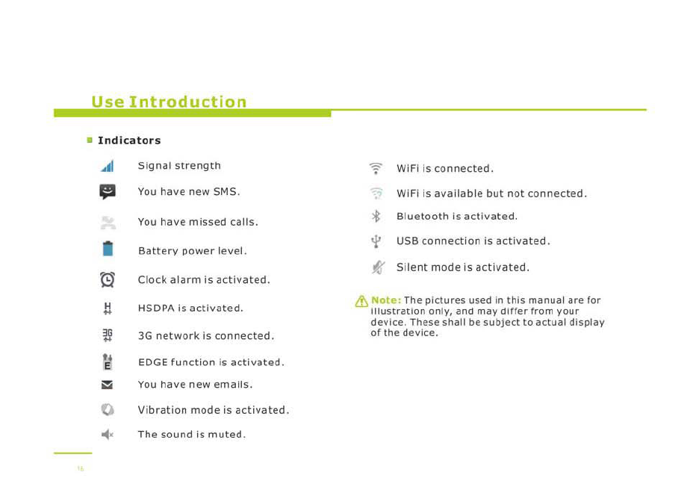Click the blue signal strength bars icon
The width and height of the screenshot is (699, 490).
click(108, 166)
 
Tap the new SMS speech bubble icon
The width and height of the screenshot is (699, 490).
click(108, 192)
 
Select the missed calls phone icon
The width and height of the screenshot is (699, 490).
click(108, 223)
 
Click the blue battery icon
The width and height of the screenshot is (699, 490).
click(108, 248)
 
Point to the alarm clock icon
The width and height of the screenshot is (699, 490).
click(108, 279)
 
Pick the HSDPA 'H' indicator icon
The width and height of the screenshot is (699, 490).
click(108, 308)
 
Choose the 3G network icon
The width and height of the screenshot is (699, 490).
click(108, 335)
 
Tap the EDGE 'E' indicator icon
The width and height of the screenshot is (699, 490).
click(108, 362)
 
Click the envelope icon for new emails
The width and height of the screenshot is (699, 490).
click(107, 385)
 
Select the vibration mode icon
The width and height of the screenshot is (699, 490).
click(108, 409)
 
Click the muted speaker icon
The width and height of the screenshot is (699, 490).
click(108, 434)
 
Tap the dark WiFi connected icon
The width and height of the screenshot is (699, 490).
click(376, 169)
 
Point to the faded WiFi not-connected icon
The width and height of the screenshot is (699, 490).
click(376, 193)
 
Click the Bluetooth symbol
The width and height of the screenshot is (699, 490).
click(376, 216)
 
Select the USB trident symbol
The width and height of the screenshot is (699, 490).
click(376, 241)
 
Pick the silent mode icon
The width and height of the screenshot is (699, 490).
click(378, 267)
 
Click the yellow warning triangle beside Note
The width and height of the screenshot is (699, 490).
click(361, 302)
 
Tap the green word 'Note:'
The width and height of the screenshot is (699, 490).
click(386, 300)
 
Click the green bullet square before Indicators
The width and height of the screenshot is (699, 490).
click(90, 140)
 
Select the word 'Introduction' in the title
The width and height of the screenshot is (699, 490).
click(187, 102)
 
